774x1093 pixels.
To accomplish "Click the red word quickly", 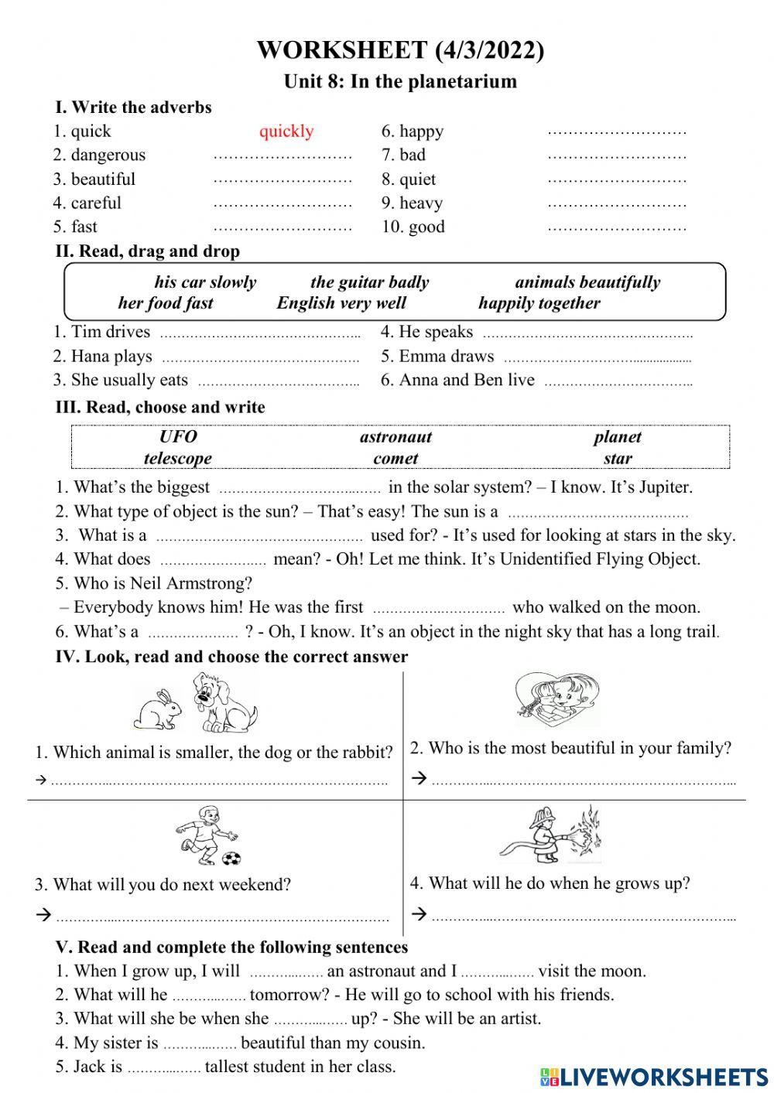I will [286, 131].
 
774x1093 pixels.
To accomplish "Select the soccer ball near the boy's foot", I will [231, 858].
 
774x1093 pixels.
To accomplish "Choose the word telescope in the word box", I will [177, 459].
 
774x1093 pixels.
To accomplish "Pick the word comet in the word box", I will [396, 459].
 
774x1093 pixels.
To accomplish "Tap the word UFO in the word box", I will [178, 437].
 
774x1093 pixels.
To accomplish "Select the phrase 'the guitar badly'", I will [369, 282].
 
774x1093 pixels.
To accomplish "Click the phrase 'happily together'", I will [539, 303].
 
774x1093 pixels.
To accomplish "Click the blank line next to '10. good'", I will [617, 228].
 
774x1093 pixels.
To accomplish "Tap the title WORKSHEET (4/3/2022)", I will [400, 50].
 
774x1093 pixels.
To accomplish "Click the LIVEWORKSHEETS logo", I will [654, 1076].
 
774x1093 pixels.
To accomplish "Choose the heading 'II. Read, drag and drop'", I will [147, 251].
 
